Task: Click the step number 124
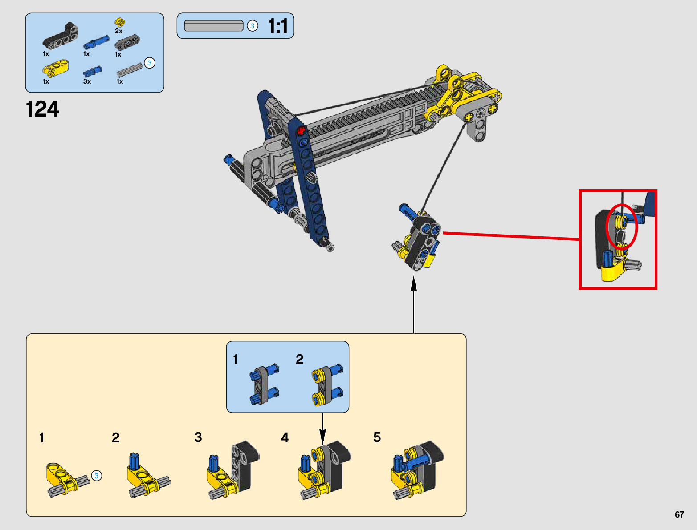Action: coord(42,109)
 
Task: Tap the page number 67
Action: coord(679,515)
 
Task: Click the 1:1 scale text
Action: coord(278,26)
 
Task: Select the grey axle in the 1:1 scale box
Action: coord(213,26)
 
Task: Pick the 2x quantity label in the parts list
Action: coord(118,31)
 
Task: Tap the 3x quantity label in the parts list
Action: coord(87,81)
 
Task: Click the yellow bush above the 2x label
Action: coord(119,22)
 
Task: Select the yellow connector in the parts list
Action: coord(55,68)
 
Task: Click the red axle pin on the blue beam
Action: coord(301,131)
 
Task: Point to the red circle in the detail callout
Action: coord(622,227)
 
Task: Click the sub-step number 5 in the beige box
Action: coord(377,437)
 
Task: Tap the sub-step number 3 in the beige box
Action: coord(198,437)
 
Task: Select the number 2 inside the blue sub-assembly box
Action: coord(300,359)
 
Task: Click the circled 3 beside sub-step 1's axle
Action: coord(96,476)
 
